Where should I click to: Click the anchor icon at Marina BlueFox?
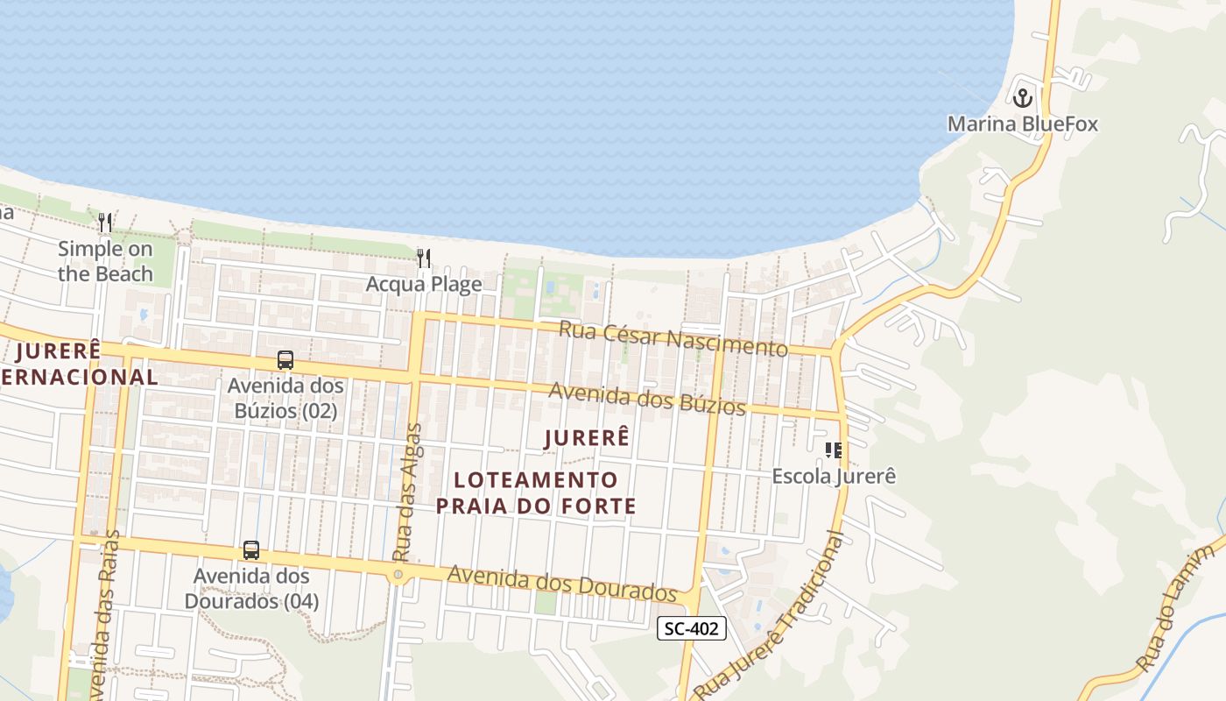[x=1023, y=97]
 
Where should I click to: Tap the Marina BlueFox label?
[x=1023, y=124]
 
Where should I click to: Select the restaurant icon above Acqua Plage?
[x=424, y=258]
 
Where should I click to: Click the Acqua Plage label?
[x=424, y=284]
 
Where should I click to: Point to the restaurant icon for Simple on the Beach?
[x=105, y=223]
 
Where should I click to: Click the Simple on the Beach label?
[x=105, y=261]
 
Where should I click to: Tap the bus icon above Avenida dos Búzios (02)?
[x=285, y=360]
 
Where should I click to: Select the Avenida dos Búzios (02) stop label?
[x=285, y=398]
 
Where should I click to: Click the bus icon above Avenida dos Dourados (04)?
[x=251, y=550]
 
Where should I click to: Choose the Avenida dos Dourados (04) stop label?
[x=251, y=589]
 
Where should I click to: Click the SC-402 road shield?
[x=692, y=628]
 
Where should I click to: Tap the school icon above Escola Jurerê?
[x=834, y=450]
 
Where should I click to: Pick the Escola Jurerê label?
[x=834, y=477]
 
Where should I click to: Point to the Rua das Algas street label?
[x=408, y=492]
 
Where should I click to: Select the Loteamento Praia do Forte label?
[x=536, y=492]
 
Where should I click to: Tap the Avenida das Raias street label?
[x=103, y=613]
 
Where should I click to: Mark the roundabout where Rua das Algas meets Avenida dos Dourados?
[x=398, y=575]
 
